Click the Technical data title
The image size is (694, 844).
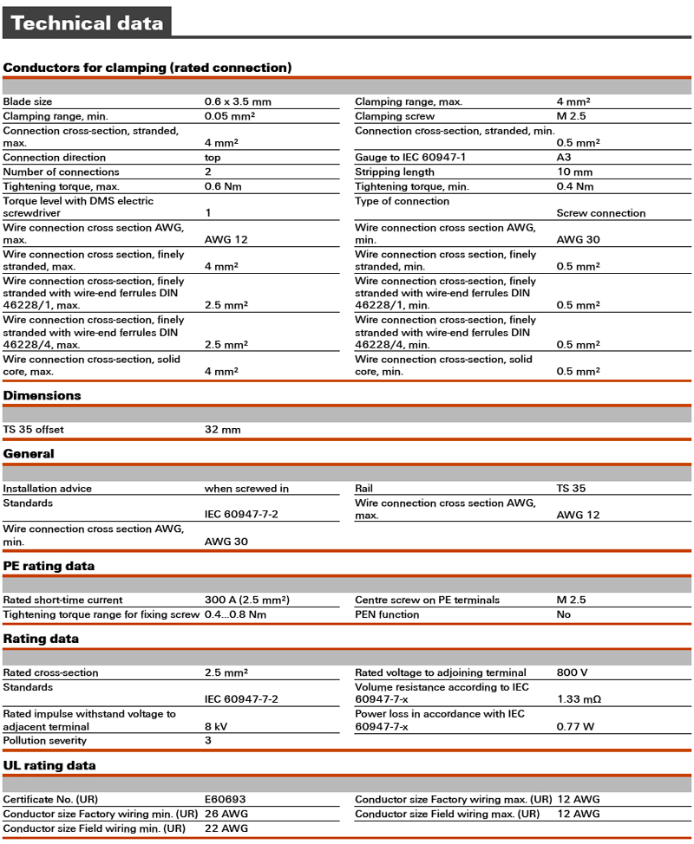pyautogui.click(x=87, y=23)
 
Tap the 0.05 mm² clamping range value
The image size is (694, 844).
pyautogui.click(x=230, y=116)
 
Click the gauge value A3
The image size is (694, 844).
pyautogui.click(x=564, y=157)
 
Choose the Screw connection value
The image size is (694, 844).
pyautogui.click(x=600, y=212)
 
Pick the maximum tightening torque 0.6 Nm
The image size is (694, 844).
pyautogui.click(x=223, y=186)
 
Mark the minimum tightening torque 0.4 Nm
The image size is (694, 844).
pyautogui.click(x=575, y=186)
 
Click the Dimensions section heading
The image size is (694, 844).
pyautogui.click(x=42, y=395)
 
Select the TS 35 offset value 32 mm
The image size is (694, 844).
pyautogui.click(x=222, y=430)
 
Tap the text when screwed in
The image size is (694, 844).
pyautogui.click(x=246, y=488)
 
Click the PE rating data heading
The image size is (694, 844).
pyautogui.click(x=49, y=566)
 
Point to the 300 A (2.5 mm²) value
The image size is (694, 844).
pyautogui.click(x=246, y=600)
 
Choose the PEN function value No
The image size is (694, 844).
pyautogui.click(x=564, y=614)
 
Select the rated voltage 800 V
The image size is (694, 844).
pyautogui.click(x=572, y=672)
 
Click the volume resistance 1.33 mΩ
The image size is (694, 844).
pyautogui.click(x=579, y=699)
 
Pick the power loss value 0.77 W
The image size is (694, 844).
pyautogui.click(x=575, y=726)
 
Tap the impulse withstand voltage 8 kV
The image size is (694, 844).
pyautogui.click(x=217, y=726)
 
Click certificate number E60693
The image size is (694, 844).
pyautogui.click(x=226, y=799)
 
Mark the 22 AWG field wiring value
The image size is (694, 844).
pyautogui.click(x=226, y=828)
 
